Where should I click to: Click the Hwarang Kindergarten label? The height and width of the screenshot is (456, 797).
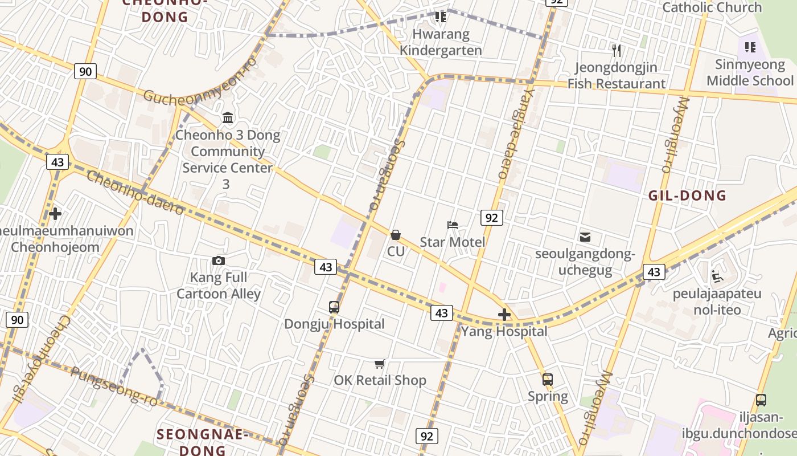tap(441, 42)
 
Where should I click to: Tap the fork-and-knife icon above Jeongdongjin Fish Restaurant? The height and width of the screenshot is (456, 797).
tap(617, 51)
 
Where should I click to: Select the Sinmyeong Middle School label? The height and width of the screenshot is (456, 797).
tap(750, 72)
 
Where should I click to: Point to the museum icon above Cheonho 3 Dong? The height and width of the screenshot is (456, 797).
tap(228, 118)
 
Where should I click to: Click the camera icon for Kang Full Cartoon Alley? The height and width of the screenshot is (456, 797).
tap(218, 260)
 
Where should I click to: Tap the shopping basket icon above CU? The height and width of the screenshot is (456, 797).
tap(396, 235)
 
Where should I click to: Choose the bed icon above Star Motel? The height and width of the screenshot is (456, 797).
tap(453, 225)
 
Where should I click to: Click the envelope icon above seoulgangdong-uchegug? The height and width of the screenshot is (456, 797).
tap(585, 237)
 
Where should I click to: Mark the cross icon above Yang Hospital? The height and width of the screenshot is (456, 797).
tap(504, 314)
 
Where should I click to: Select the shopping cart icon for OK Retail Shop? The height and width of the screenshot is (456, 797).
tap(380, 364)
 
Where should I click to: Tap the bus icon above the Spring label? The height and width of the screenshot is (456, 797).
tap(548, 379)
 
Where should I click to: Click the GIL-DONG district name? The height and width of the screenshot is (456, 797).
tap(688, 196)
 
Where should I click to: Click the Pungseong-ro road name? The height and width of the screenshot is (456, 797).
tap(106, 386)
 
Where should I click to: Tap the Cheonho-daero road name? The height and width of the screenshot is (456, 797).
tap(135, 193)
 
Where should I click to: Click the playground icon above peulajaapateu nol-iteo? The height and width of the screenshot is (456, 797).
tap(717, 278)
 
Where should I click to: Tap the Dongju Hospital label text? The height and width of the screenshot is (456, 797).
tap(334, 324)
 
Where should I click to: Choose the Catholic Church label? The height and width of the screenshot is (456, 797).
tap(712, 7)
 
